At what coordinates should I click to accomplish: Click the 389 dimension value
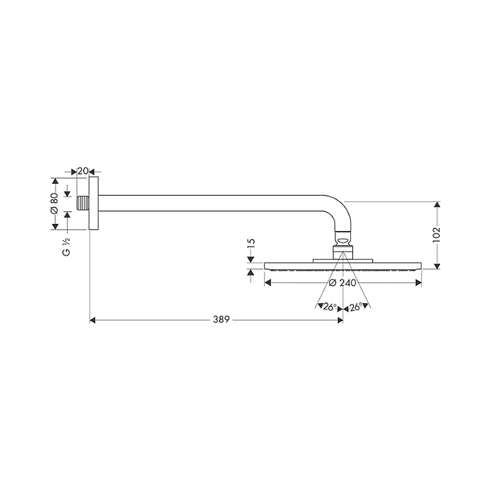pos(221,320)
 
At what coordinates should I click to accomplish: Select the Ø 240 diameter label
pos(343,283)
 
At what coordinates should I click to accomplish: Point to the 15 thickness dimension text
pos(251,244)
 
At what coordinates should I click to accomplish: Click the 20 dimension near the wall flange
pos(82,171)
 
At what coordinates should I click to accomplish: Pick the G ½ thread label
pos(66,247)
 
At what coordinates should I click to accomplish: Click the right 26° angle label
pos(356,307)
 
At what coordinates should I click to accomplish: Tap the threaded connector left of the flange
pos(82,204)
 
